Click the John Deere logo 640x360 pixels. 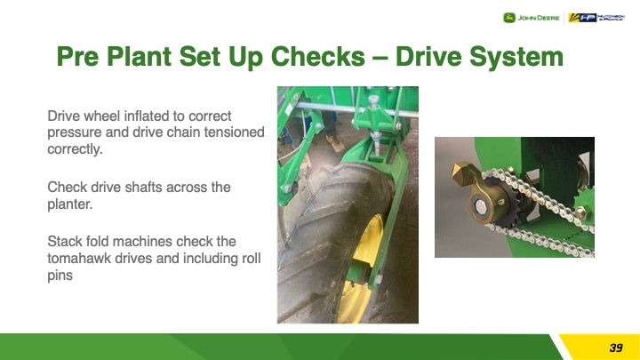coord(531,18)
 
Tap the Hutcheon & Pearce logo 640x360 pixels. coord(596,18)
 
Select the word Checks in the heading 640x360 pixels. coord(317,56)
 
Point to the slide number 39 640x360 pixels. coord(615,348)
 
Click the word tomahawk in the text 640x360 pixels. coord(79,259)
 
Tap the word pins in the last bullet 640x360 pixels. coord(60,276)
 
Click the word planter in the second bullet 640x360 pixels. coord(68,204)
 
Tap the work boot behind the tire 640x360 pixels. coord(335,144)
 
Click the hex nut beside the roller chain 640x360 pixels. coord(580,212)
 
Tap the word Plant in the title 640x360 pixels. coord(139,56)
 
